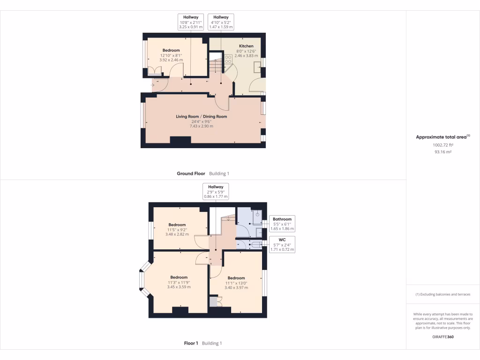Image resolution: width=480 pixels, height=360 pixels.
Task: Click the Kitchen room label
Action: pyautogui.click(x=246, y=46)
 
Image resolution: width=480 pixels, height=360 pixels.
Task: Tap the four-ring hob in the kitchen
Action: pyautogui.click(x=229, y=59)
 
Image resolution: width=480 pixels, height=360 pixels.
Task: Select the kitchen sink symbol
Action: pyautogui.click(x=257, y=67)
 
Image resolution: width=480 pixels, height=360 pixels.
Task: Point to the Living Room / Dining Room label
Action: pyautogui.click(x=201, y=116)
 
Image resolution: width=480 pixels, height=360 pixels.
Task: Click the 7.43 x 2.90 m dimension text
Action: pyautogui.click(x=201, y=126)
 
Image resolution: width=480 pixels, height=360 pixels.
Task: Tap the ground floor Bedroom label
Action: pyautogui.click(x=171, y=50)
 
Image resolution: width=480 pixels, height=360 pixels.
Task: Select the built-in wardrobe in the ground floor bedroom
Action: pyautogui.click(x=154, y=71)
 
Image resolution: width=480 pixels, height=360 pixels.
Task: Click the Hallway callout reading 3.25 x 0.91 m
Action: pyautogui.click(x=191, y=22)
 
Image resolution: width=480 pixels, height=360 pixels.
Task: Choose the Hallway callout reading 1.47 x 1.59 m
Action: pyautogui.click(x=220, y=22)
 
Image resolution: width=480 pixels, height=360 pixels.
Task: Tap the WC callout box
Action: pyautogui.click(x=282, y=245)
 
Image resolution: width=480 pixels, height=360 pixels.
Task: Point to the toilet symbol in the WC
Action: pyautogui.click(x=255, y=245)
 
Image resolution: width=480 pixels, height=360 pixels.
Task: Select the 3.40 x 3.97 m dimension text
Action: pyautogui.click(x=236, y=288)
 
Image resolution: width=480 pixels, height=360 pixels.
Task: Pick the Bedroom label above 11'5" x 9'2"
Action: pyautogui.click(x=177, y=225)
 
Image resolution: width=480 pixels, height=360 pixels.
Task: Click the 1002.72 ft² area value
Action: pyautogui.click(x=442, y=145)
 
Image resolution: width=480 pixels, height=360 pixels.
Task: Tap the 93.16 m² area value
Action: pyautogui.click(x=442, y=152)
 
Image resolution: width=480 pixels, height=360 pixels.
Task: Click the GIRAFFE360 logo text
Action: pyautogui.click(x=442, y=337)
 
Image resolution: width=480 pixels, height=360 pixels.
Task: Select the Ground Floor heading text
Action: pyautogui.click(x=191, y=173)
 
